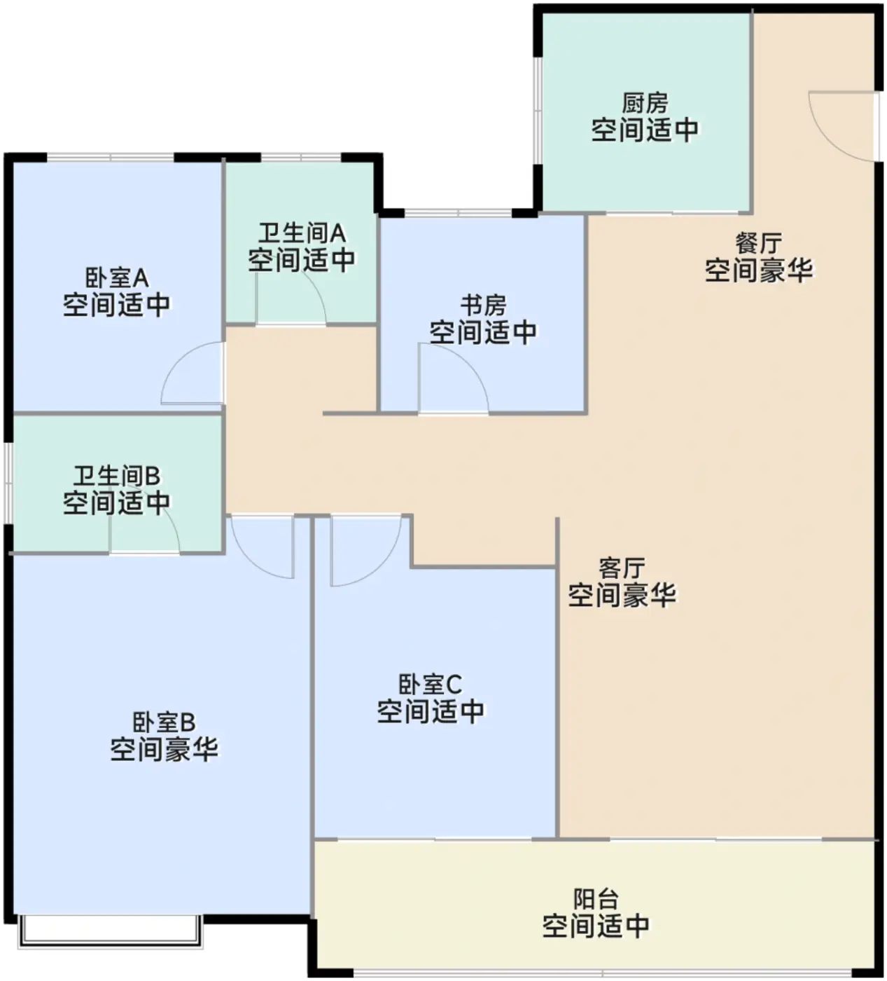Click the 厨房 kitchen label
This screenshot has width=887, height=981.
645,104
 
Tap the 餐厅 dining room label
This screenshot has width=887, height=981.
758,244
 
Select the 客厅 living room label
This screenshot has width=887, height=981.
622,569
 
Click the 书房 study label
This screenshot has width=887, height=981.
483,306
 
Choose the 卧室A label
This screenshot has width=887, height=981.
117,278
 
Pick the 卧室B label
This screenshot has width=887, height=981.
165,722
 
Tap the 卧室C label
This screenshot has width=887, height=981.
431,685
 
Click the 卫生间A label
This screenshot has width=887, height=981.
302,233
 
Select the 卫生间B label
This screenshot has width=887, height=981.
117,476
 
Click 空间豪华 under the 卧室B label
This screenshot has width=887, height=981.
165,748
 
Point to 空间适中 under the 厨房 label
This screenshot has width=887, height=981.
645,130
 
